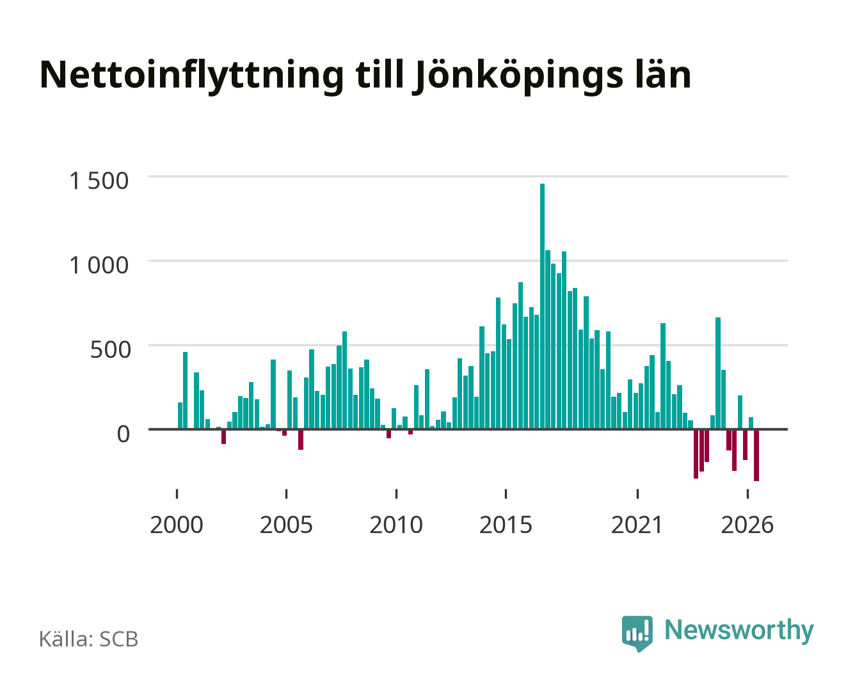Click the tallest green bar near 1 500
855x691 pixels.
pyautogui.click(x=542, y=306)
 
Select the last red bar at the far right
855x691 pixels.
pyautogui.click(x=756, y=456)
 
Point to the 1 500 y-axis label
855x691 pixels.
pyautogui.click(x=99, y=180)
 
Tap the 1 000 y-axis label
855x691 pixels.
pyautogui.click(x=99, y=266)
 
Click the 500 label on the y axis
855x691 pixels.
pyautogui.click(x=110, y=349)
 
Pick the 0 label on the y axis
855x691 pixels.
pyautogui.click(x=124, y=434)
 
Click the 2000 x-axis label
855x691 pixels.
pyautogui.click(x=177, y=525)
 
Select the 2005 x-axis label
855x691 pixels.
pyautogui.click(x=286, y=525)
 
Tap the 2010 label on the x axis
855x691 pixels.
pyautogui.click(x=396, y=525)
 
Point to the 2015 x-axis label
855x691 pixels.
pyautogui.click(x=506, y=525)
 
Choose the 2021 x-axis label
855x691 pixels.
pyautogui.click(x=637, y=525)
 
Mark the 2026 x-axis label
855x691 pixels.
pyautogui.click(x=747, y=525)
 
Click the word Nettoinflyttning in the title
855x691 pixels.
pyautogui.click(x=192, y=76)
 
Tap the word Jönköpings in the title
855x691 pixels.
pyautogui.click(x=518, y=76)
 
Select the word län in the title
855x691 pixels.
pyautogui.click(x=664, y=74)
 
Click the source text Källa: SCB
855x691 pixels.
pyautogui.click(x=89, y=639)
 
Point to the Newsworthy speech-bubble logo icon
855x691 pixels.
pyautogui.click(x=637, y=633)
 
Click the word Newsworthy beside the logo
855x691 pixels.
pyautogui.click(x=739, y=631)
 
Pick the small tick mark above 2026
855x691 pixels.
pyautogui.click(x=747, y=494)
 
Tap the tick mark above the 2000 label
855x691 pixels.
pyautogui.click(x=177, y=494)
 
